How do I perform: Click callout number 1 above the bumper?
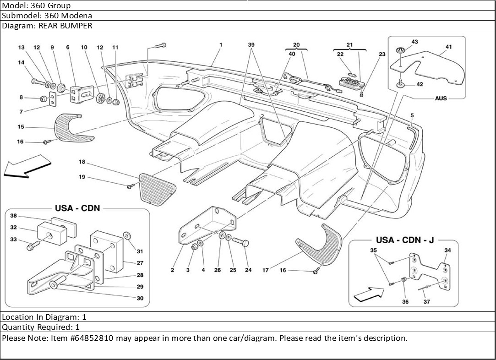(221, 45)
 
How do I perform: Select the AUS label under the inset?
(441, 98)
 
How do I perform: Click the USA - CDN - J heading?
(404, 240)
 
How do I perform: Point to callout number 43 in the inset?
(414, 42)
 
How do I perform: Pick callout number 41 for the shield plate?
(448, 47)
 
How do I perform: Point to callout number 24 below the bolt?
(248, 270)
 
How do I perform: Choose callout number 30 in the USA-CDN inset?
(140, 298)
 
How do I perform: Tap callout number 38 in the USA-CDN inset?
(14, 216)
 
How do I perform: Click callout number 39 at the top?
(251, 45)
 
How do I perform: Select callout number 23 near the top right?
(382, 54)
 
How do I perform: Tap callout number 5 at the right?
(412, 115)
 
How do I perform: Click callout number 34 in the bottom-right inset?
(447, 250)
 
